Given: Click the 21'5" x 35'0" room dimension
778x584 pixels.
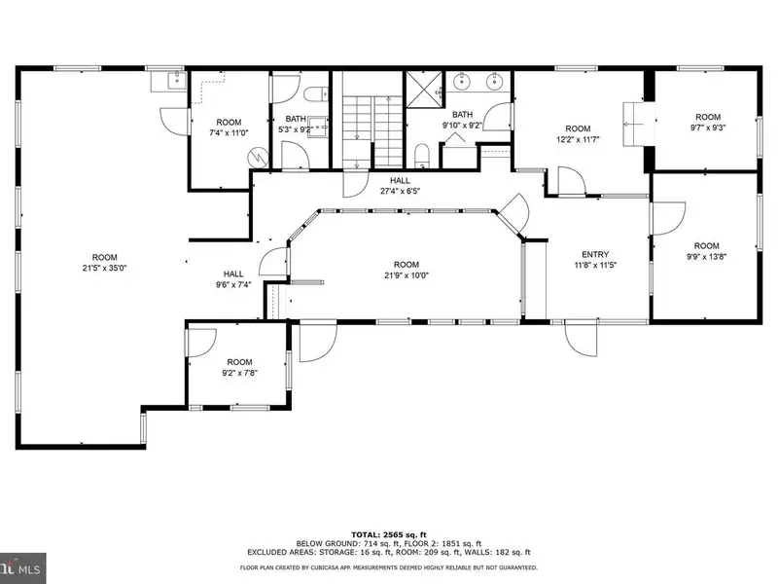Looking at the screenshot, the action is coord(105,269).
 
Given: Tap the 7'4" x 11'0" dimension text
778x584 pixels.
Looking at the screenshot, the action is coord(229,132).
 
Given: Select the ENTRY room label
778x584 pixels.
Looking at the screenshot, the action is coord(595,254).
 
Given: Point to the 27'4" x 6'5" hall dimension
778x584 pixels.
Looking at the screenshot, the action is coord(400,191).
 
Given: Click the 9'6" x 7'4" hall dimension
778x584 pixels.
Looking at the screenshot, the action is coord(233,284).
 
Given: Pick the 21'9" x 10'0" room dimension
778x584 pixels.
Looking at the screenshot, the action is coord(406,275).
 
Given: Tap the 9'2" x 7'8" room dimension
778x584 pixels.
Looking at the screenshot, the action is coord(239,373).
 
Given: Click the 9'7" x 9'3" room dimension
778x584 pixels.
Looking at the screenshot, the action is coord(708,128).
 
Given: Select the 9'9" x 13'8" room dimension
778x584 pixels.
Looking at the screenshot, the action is coord(707,257).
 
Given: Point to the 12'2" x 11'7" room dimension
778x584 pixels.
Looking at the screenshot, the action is coord(578,139).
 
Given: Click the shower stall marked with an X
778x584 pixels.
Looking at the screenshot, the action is coord(424,90).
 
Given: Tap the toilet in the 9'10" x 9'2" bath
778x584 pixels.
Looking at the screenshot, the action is coord(422,155).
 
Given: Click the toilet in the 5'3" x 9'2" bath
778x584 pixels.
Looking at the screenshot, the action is coord(314,93).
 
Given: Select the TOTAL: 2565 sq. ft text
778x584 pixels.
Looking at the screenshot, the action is coord(388,534).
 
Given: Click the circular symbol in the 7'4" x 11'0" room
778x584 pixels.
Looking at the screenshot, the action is coord(258,158).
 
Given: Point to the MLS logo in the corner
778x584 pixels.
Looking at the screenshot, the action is coord(22,568).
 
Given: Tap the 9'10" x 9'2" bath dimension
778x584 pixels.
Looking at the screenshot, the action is coord(462,126).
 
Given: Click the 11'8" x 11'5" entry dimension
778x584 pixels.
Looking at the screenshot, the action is coord(595,265).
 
